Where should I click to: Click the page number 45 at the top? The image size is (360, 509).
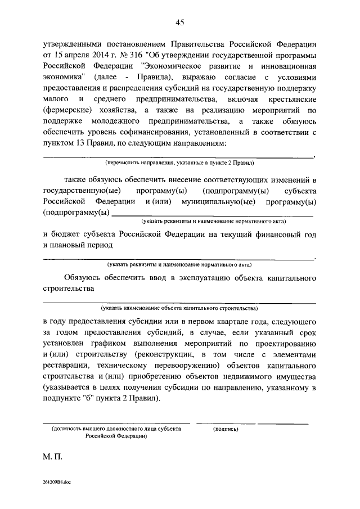(x=180, y=22)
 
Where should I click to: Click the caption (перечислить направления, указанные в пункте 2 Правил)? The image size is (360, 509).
(x=180, y=163)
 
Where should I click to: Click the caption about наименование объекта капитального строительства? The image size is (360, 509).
(x=180, y=309)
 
